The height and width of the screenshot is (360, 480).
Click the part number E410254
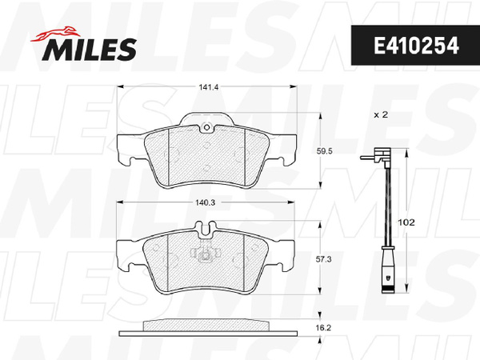(x=416, y=46)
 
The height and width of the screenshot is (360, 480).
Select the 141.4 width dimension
(x=209, y=87)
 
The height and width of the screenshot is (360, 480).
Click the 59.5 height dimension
(x=325, y=151)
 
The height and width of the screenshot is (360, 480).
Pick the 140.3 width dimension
(x=206, y=202)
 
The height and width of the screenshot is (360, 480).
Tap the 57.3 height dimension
(x=323, y=259)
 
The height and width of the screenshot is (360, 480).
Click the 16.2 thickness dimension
(x=323, y=328)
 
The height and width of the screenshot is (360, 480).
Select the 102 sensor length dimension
(x=406, y=222)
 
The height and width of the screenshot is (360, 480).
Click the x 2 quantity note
(x=381, y=114)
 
